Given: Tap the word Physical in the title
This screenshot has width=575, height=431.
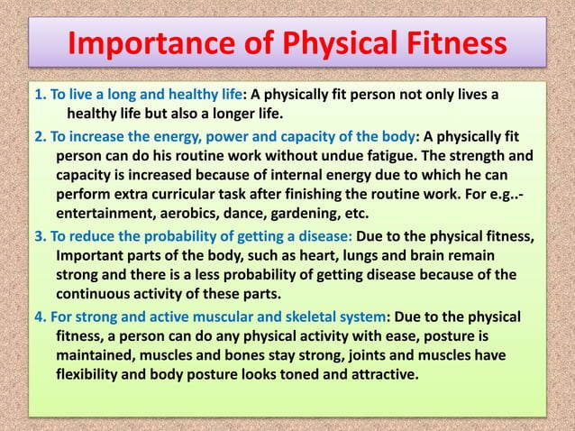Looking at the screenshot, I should [x=352, y=42].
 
